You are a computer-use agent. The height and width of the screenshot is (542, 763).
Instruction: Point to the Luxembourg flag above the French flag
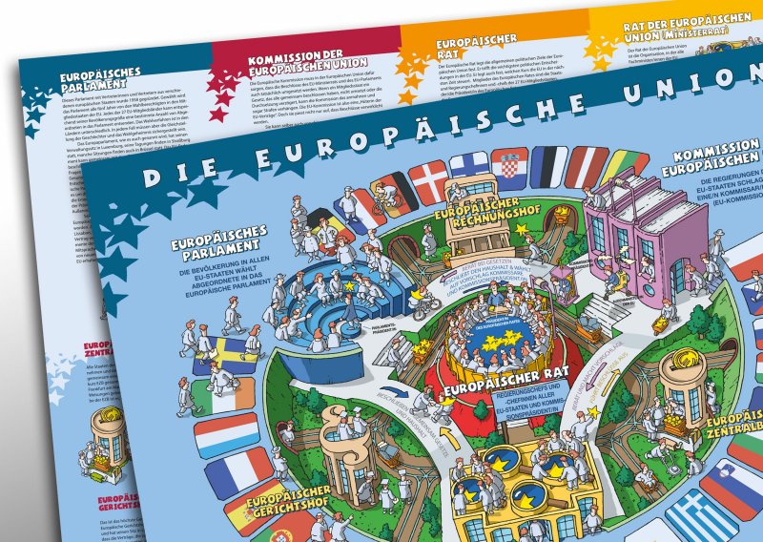pos(226,434)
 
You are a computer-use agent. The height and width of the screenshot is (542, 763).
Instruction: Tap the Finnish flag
pos(469,172)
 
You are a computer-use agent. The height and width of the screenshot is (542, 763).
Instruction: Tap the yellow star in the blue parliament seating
pos(351,285)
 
